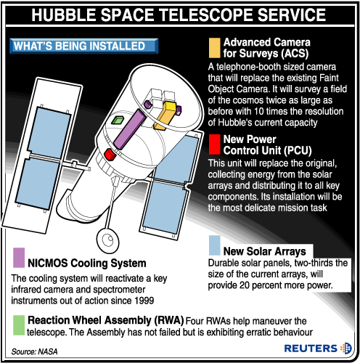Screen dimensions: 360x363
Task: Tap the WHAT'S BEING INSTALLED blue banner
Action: coord(83,46)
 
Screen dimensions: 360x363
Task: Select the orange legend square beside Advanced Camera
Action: coord(214,48)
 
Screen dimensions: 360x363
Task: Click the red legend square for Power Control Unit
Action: coord(214,144)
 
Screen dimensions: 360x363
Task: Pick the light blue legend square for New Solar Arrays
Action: coord(214,245)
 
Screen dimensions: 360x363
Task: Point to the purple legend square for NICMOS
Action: coord(19,258)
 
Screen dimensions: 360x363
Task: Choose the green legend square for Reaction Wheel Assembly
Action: coord(19,325)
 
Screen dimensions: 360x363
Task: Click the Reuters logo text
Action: coord(311,348)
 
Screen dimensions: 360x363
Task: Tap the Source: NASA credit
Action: coord(34,351)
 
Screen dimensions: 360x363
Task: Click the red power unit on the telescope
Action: coord(110,155)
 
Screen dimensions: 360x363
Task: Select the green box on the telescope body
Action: coord(118,120)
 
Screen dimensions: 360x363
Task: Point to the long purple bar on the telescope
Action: coord(130,129)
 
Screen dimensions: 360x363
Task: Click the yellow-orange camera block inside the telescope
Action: coord(165,115)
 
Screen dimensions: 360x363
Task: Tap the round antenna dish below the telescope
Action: coord(107,240)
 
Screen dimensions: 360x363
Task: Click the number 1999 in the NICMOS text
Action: coord(144,301)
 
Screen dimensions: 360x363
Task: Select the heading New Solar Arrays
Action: coord(265,251)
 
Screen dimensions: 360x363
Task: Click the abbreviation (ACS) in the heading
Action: coord(295,54)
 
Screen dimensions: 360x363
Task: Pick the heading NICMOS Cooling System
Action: coord(87,263)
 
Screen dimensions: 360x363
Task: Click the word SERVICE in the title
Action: coord(292,15)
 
